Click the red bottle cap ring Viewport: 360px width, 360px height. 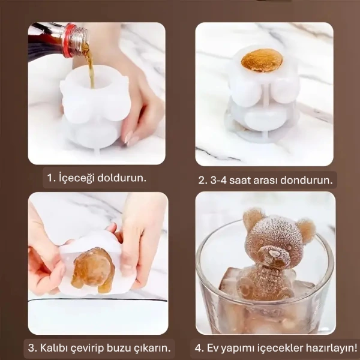click(68, 41)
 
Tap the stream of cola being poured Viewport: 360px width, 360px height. click(91, 69)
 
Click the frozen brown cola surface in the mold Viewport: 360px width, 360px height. click(262, 61)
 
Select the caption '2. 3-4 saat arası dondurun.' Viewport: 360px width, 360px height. click(267, 179)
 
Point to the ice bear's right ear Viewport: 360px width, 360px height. click(305, 229)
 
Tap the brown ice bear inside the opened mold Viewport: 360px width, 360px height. click(93, 268)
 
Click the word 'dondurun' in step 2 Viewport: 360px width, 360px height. click(307, 179)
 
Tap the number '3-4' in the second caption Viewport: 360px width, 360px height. click(221, 179)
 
